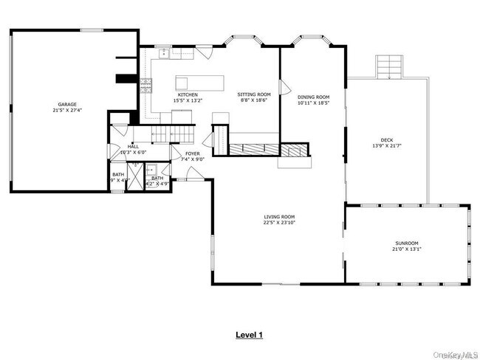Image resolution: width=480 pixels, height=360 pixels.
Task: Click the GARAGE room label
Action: pyautogui.click(x=68, y=104)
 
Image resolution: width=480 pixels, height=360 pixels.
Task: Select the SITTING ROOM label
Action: pyautogui.click(x=254, y=94)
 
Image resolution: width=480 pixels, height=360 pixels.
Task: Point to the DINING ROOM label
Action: pyautogui.click(x=313, y=97)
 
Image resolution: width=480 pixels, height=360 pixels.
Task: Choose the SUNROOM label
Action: pyautogui.click(x=406, y=243)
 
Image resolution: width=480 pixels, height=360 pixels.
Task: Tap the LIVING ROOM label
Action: pyautogui.click(x=280, y=217)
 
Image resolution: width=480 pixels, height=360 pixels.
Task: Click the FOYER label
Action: pyautogui.click(x=193, y=153)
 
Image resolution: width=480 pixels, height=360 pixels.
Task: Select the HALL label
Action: pyautogui.click(x=133, y=147)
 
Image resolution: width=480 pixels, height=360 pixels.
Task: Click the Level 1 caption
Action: pyautogui.click(x=249, y=335)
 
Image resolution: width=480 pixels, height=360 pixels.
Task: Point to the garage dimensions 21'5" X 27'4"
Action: pyautogui.click(x=68, y=111)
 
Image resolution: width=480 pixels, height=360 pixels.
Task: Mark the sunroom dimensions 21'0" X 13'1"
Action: pyautogui.click(x=406, y=249)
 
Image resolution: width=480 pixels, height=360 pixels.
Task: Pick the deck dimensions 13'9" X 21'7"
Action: pyautogui.click(x=387, y=145)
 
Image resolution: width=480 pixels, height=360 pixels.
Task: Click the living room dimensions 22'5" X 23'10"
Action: pyautogui.click(x=280, y=224)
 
